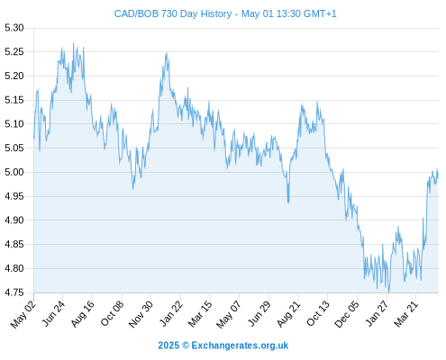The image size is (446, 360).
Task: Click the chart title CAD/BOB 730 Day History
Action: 173,13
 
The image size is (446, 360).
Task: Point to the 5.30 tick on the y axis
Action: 14,28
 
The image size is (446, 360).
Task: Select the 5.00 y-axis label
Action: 14,172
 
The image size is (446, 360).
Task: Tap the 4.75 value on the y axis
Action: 14,292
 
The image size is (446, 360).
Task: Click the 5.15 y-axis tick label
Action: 14,100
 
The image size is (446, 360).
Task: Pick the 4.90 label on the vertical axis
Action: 14,220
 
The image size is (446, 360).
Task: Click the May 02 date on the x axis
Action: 23,314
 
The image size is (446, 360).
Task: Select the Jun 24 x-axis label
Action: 53,314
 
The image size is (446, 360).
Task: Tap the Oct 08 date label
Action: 112,314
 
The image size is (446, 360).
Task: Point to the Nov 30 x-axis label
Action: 141,314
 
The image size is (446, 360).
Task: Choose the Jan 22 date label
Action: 171,314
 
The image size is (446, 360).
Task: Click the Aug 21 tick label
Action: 288,314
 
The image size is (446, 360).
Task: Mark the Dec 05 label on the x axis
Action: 347,314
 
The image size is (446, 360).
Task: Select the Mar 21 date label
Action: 406,314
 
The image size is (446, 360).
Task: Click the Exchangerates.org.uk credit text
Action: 240,346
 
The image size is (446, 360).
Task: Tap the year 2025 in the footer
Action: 168,346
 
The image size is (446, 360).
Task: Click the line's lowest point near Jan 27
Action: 389,292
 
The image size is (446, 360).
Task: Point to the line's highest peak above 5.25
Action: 73,43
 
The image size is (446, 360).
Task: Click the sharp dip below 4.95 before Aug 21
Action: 288,202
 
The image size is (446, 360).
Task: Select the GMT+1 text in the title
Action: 320,13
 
